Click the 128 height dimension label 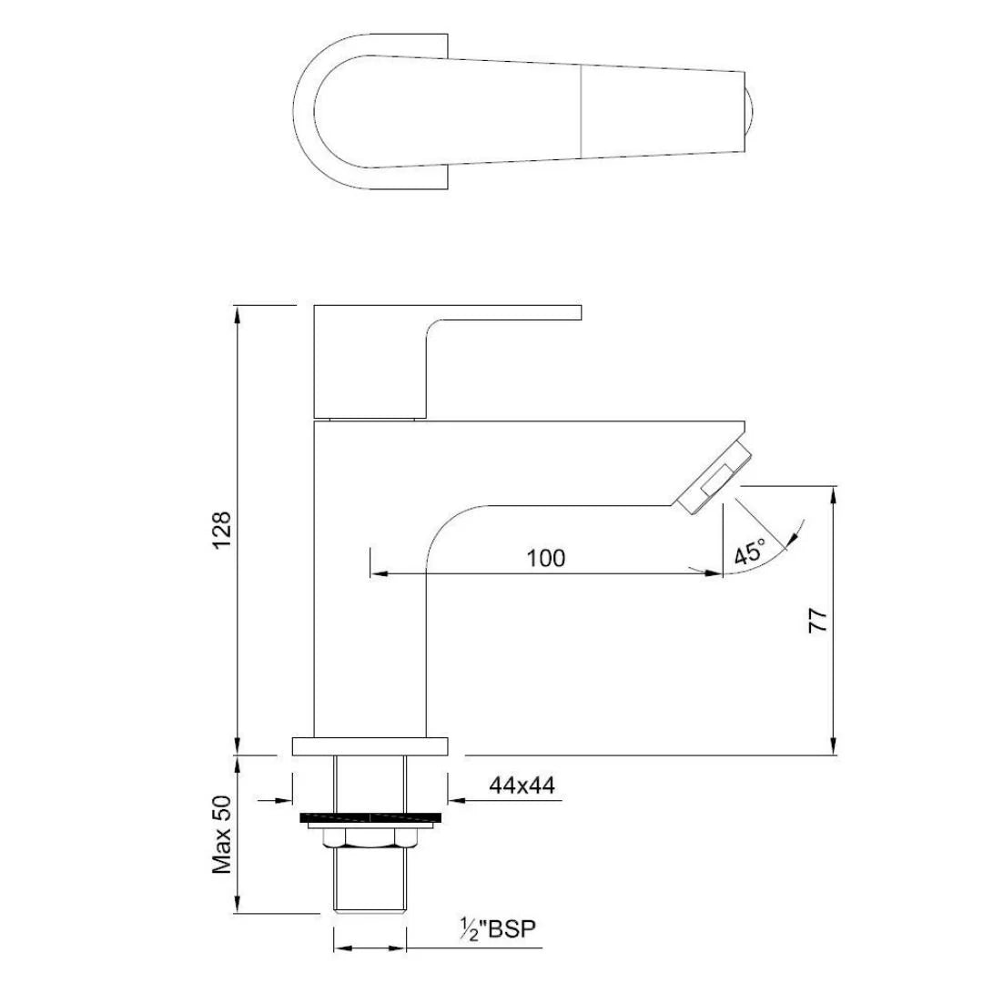[x=222, y=530]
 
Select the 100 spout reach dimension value [x=546, y=557]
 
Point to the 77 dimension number [x=819, y=620]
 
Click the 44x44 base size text [x=522, y=785]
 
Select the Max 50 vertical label [x=222, y=834]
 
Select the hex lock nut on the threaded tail [x=370, y=837]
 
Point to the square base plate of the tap [x=370, y=746]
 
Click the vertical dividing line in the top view [x=581, y=111]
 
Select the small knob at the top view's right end [x=750, y=111]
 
